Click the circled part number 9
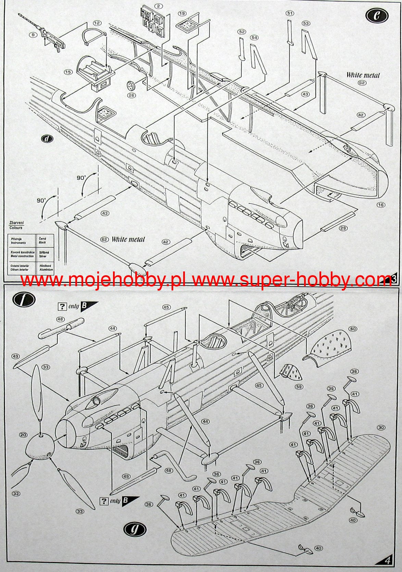[33, 35]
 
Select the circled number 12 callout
[97, 23]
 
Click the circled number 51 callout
[290, 13]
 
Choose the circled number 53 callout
[306, 23]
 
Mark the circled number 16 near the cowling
[381, 205]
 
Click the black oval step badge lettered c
[377, 15]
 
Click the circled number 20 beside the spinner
[23, 435]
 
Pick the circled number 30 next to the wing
[381, 427]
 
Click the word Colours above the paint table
[16, 228]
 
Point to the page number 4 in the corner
[388, 561]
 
